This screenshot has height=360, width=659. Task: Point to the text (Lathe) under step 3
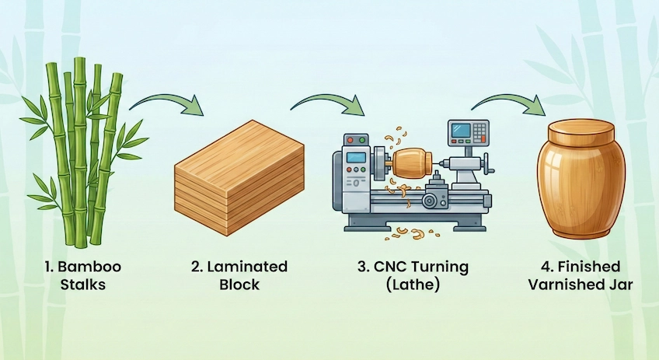click(413, 285)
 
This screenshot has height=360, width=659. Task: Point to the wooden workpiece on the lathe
click(410, 164)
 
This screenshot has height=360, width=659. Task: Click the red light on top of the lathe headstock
click(350, 141)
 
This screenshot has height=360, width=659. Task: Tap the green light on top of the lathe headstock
click(361, 141)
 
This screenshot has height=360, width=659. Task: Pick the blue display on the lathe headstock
click(356, 158)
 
